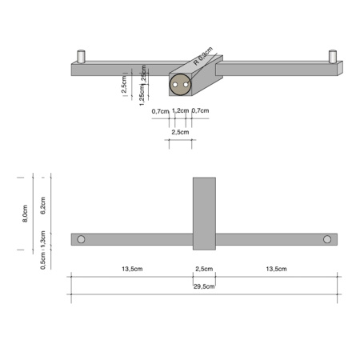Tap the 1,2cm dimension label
[x=180, y=110]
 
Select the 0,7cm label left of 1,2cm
[x=160, y=110]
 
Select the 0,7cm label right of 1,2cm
[x=200, y=110]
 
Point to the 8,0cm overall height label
[x=26, y=212]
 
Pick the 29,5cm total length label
[x=204, y=286]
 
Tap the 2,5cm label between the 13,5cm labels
[x=204, y=269]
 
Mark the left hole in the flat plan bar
[x=81, y=239]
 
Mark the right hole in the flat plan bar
[x=327, y=239]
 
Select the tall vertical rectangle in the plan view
[x=204, y=212]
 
